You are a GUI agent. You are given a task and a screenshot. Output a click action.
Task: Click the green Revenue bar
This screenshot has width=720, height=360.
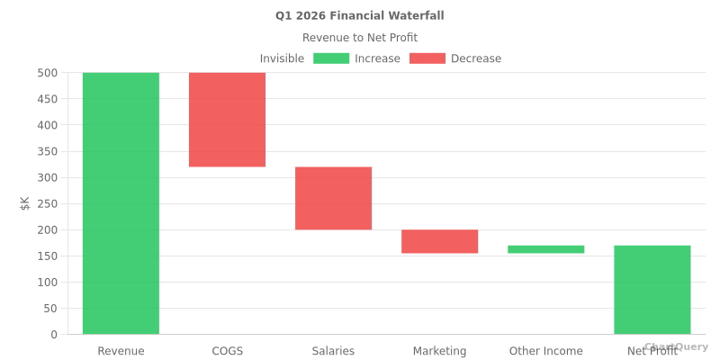pyautogui.click(x=121, y=203)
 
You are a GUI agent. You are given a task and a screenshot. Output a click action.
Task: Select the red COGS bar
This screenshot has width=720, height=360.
pyautogui.click(x=227, y=120)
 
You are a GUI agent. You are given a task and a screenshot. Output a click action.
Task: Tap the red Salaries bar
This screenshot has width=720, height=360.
pyautogui.click(x=333, y=198)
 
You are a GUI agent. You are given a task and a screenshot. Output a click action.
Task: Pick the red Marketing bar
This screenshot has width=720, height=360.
pyautogui.click(x=439, y=241)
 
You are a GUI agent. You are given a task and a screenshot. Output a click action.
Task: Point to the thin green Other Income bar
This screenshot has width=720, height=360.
pyautogui.click(x=545, y=249)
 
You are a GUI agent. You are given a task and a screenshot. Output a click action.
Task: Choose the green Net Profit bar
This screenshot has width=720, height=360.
pyautogui.click(x=652, y=290)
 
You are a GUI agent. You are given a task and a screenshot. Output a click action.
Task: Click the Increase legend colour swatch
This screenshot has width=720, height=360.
pyautogui.click(x=331, y=58)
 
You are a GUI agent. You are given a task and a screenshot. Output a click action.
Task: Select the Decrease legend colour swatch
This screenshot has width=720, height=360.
pyautogui.click(x=427, y=58)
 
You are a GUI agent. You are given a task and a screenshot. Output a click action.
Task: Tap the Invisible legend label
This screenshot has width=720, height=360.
pyautogui.click(x=282, y=58)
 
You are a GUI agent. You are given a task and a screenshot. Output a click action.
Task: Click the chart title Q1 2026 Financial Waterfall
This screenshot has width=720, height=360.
pyautogui.click(x=360, y=16)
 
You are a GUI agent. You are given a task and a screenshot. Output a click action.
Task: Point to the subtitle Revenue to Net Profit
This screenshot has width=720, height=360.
pyautogui.click(x=360, y=38)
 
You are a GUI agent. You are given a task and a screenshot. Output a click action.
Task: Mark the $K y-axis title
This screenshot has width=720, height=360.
pyautogui.click(x=25, y=203)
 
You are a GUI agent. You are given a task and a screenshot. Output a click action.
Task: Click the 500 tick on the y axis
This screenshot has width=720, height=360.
pyautogui.click(x=48, y=73)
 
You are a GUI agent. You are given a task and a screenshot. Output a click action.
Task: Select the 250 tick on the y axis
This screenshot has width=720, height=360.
pyautogui.click(x=48, y=203)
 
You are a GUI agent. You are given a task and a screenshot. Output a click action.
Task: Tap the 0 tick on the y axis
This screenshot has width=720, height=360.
pyautogui.click(x=54, y=335)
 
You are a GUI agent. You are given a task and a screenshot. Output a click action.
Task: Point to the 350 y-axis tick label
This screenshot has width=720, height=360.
pyautogui.click(x=48, y=151)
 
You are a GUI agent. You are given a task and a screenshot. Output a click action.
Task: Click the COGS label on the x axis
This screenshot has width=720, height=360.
pyautogui.click(x=227, y=351)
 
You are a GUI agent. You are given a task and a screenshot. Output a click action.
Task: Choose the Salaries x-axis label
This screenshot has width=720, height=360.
pyautogui.click(x=333, y=351)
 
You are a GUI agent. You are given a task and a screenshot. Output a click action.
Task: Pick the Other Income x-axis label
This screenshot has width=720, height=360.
pyautogui.click(x=545, y=351)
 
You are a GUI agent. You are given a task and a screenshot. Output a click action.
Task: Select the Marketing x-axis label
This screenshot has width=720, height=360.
pyautogui.click(x=439, y=351)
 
